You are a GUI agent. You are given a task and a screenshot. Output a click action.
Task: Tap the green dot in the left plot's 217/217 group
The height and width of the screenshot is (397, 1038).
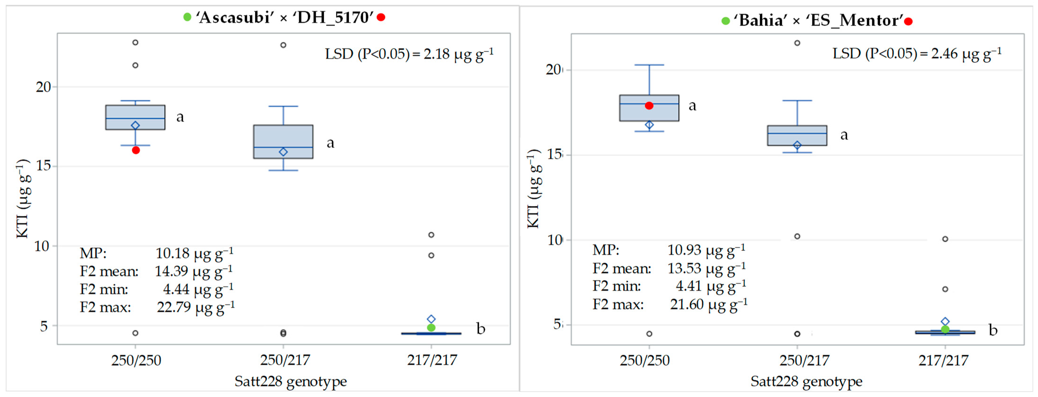(431, 328)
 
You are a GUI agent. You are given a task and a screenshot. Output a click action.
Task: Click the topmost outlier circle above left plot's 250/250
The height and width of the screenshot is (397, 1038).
(135, 42)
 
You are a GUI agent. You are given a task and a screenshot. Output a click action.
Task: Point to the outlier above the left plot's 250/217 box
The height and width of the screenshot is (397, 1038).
(283, 45)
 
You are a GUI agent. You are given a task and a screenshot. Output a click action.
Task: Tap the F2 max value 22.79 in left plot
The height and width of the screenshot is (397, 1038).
(174, 307)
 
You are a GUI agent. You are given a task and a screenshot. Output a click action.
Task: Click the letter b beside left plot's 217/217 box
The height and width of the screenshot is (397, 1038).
(481, 329)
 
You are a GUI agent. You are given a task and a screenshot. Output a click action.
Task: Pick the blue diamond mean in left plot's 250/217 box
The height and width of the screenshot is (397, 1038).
(283, 152)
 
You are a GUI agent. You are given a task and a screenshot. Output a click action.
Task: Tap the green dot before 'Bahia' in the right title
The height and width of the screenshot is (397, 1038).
(725, 21)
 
